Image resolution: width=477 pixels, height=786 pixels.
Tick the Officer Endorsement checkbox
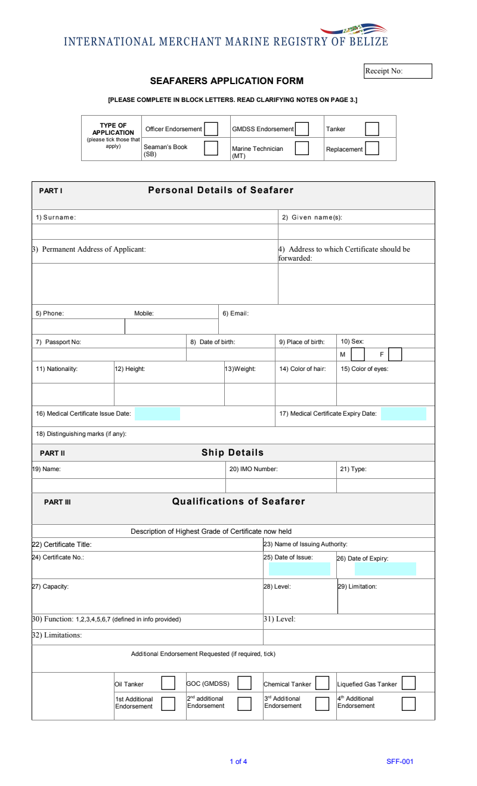211,129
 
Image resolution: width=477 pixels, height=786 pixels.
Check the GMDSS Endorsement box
302,129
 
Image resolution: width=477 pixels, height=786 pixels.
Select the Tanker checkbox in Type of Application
372,129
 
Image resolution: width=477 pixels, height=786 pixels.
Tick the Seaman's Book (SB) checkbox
211,148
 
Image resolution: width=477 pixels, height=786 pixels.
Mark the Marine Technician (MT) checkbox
302,148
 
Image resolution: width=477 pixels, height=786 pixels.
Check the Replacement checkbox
372,148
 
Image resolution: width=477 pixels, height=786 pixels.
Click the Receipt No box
398,71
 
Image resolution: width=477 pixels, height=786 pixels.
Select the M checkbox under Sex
358,354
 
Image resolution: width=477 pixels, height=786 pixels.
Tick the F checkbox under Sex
395,354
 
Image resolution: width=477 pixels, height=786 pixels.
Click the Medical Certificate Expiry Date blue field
404,414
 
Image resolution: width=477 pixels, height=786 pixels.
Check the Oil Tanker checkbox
168,683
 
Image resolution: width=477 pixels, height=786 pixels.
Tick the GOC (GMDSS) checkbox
244,683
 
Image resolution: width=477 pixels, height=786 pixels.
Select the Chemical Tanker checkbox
322,683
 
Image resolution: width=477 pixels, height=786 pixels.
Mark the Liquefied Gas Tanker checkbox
408,683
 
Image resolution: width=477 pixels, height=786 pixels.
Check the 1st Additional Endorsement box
168,704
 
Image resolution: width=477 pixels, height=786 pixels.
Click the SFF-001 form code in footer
399,762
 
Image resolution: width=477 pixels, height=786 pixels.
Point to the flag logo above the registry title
354,29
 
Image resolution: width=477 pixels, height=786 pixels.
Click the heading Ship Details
233,453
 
